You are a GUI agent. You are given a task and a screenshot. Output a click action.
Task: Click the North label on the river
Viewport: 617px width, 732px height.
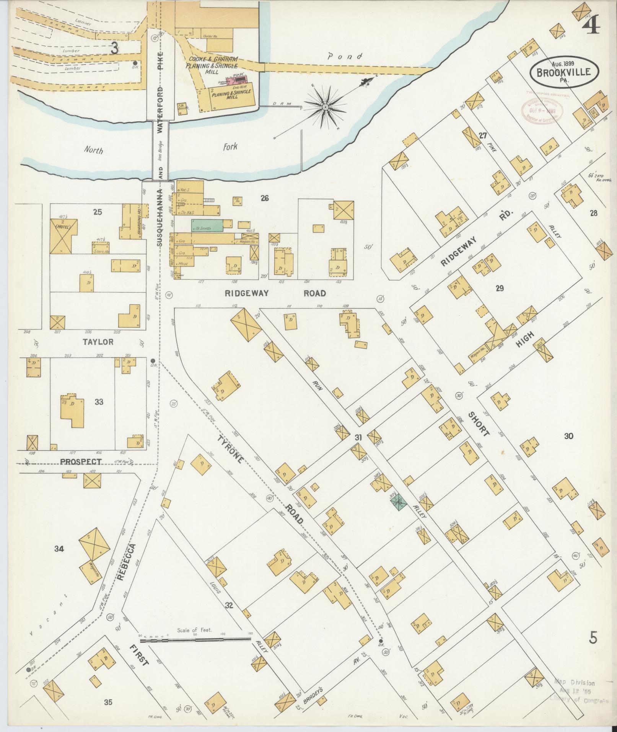(94, 150)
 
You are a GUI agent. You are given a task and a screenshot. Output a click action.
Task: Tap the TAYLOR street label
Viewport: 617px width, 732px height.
(98, 342)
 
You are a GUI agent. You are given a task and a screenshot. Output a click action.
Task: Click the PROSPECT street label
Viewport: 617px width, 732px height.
(81, 462)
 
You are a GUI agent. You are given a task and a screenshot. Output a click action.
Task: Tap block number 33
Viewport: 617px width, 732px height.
(99, 402)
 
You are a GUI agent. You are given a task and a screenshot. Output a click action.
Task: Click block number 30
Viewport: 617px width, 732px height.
(568, 435)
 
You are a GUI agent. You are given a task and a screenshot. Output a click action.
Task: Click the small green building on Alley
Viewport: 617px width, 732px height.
(399, 502)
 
